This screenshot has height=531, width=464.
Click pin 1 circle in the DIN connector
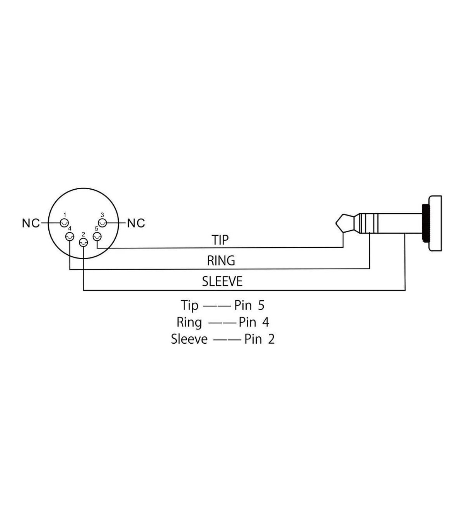tap(64, 223)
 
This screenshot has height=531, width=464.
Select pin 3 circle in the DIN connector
tap(102, 223)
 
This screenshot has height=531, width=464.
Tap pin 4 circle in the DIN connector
tap(70, 237)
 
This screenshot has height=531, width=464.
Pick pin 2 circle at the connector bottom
tap(83, 242)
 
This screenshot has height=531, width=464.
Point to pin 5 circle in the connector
tap(97, 237)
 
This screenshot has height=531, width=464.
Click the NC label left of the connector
tap(31, 223)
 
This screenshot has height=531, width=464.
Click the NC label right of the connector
tap(136, 223)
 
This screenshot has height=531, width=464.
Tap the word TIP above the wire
tap(220, 240)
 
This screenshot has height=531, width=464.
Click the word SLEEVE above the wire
tap(222, 281)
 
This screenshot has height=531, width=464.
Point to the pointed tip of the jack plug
tap(336, 223)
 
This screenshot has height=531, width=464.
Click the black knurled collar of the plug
tap(425, 223)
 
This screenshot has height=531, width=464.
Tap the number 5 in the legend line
tap(261, 305)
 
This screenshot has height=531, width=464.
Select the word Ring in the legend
tap(189, 323)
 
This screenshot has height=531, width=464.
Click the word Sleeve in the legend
tap(189, 339)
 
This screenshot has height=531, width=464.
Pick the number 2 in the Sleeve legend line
tap(271, 339)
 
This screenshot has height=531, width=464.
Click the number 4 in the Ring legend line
tap(266, 322)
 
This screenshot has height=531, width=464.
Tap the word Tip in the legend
tap(189, 305)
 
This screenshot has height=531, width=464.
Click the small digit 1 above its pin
tap(65, 215)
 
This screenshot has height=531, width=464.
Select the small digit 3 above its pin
tap(102, 215)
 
